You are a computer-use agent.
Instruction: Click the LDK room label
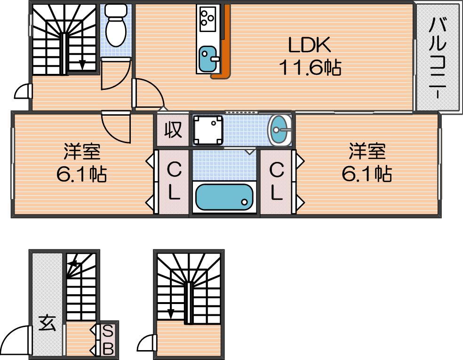309,45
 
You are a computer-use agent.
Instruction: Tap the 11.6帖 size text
310,67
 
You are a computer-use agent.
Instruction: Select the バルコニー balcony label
438,58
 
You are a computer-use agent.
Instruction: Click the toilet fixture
116,25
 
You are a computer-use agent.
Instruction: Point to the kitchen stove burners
208,19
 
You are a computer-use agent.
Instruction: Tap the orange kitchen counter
224,42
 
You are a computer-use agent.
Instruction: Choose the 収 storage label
173,130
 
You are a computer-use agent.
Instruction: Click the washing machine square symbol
208,130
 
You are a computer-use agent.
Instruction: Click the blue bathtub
224,197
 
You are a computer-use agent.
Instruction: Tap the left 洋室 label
82,151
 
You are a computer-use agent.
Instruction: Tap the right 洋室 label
367,151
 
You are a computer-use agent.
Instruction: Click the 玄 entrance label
47,323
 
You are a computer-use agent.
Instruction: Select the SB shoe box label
108,340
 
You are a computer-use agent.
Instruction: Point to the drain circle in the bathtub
245,202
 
